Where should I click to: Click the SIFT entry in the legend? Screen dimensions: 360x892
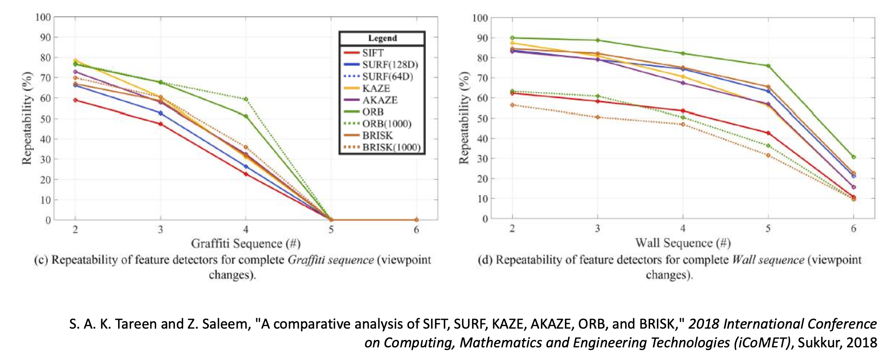click(x=373, y=53)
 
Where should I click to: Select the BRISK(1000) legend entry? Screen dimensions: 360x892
click(x=391, y=147)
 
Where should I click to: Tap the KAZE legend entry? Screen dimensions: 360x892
click(x=376, y=88)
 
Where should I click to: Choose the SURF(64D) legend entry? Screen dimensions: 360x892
click(x=387, y=77)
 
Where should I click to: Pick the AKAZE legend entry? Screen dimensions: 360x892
click(x=380, y=100)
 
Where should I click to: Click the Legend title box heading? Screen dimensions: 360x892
click(x=382, y=38)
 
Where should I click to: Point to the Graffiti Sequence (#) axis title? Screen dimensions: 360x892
click(x=245, y=243)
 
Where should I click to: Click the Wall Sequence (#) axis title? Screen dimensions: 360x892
click(x=682, y=243)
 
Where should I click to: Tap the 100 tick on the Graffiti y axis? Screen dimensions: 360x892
click(x=43, y=17)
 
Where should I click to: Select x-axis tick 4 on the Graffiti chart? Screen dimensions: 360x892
click(x=246, y=230)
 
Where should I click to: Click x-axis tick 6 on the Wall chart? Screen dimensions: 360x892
click(x=853, y=228)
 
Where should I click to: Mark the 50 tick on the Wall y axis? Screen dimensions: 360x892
click(x=481, y=118)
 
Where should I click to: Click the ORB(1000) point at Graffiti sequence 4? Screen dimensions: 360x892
click(x=246, y=99)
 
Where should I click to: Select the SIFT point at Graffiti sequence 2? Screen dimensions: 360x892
click(x=75, y=100)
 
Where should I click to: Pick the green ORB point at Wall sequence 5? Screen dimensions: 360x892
click(x=768, y=66)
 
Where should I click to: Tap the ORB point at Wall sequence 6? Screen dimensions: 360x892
click(x=853, y=157)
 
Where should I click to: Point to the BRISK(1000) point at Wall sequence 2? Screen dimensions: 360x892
click(x=512, y=105)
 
